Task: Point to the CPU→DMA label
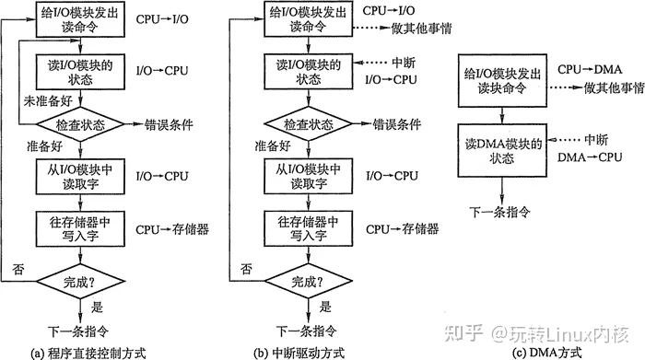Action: tap(583, 70)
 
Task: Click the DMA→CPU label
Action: tap(583, 158)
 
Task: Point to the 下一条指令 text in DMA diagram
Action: tap(501, 211)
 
